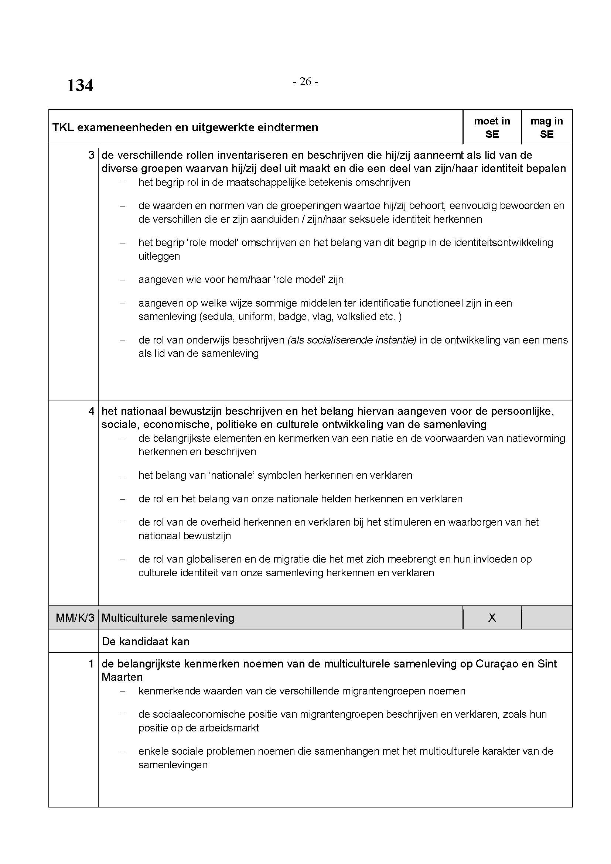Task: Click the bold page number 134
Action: coord(80,85)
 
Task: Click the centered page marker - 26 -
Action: coord(305,82)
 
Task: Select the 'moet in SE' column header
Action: coord(492,127)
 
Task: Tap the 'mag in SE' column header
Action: coord(546,127)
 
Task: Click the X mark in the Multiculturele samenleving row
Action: coord(492,618)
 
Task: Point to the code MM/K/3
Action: coord(75,618)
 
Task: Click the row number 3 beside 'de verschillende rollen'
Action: coord(91,155)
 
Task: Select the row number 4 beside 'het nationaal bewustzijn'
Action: coord(91,411)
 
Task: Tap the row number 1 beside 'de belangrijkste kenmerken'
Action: coord(91,663)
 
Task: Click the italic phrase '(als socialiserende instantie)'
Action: coord(352,340)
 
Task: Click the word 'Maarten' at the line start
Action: coord(122,677)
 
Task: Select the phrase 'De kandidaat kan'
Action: coord(146,641)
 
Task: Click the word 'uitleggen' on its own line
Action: coord(159,256)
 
